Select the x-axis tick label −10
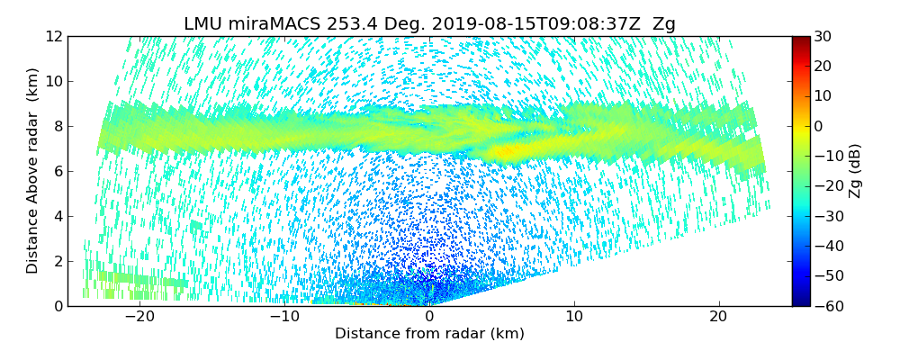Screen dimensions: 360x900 click(x=284, y=317)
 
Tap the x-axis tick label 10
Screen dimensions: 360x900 click(x=574, y=317)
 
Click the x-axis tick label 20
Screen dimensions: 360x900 click(x=718, y=317)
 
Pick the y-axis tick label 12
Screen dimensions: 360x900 click(x=53, y=37)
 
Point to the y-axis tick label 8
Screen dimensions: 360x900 click(x=57, y=127)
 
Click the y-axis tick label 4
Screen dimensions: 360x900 click(x=57, y=217)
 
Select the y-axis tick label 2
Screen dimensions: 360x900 click(x=57, y=262)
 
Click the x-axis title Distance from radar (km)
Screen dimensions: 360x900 click(x=429, y=334)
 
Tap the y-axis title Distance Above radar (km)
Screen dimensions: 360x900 click(x=33, y=171)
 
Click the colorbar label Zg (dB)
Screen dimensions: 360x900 click(x=856, y=171)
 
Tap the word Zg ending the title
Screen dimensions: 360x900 click(x=663, y=24)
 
